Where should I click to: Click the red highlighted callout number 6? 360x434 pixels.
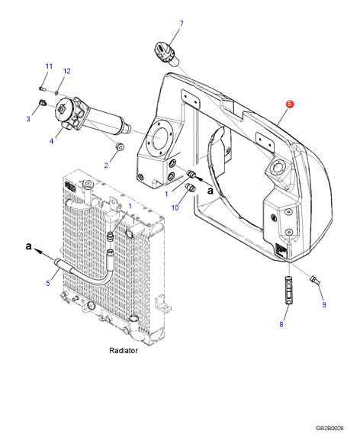point(289,104)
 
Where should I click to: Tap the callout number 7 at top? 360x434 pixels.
point(182,24)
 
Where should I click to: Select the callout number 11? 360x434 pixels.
point(49,66)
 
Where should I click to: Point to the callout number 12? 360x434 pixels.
point(67,71)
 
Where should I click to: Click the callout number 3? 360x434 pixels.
point(28,119)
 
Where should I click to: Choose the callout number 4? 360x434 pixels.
point(51,141)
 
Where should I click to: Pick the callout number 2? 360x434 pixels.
point(106,166)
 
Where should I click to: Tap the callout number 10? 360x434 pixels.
point(175,207)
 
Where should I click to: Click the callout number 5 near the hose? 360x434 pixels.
point(48,283)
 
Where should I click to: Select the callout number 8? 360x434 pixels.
point(281,324)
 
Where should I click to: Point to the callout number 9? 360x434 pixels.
point(324,305)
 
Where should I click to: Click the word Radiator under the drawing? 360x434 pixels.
point(124,350)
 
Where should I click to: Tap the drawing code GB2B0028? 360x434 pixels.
point(329,428)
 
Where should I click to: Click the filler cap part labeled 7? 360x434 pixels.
point(165,54)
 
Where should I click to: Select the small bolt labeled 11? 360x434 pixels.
point(42,88)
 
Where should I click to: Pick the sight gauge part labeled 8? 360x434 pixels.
point(288,290)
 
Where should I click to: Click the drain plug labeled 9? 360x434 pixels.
point(315,279)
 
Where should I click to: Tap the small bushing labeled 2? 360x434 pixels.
point(120,146)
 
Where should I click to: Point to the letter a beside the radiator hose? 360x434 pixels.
point(28,246)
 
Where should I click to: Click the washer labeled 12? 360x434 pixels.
point(56,92)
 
